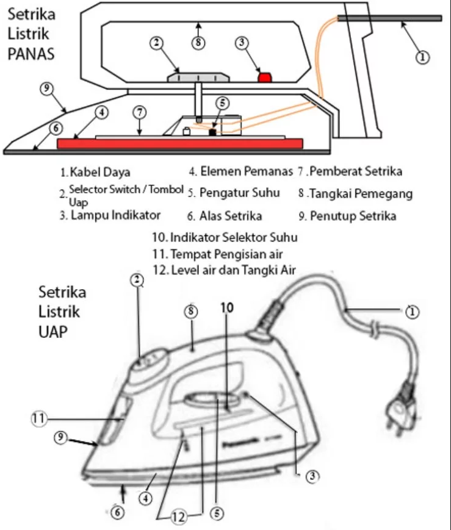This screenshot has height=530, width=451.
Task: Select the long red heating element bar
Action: click(179, 143)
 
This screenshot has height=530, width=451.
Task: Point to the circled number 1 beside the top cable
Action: click(422, 57)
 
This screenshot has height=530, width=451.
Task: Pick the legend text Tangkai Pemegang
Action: click(361, 194)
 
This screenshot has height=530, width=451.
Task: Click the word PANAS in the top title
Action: click(31, 53)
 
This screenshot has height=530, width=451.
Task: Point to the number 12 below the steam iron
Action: click(178, 517)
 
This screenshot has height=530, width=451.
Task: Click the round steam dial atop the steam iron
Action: click(148, 366)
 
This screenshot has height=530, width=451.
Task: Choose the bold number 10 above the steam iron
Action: click(226, 309)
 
